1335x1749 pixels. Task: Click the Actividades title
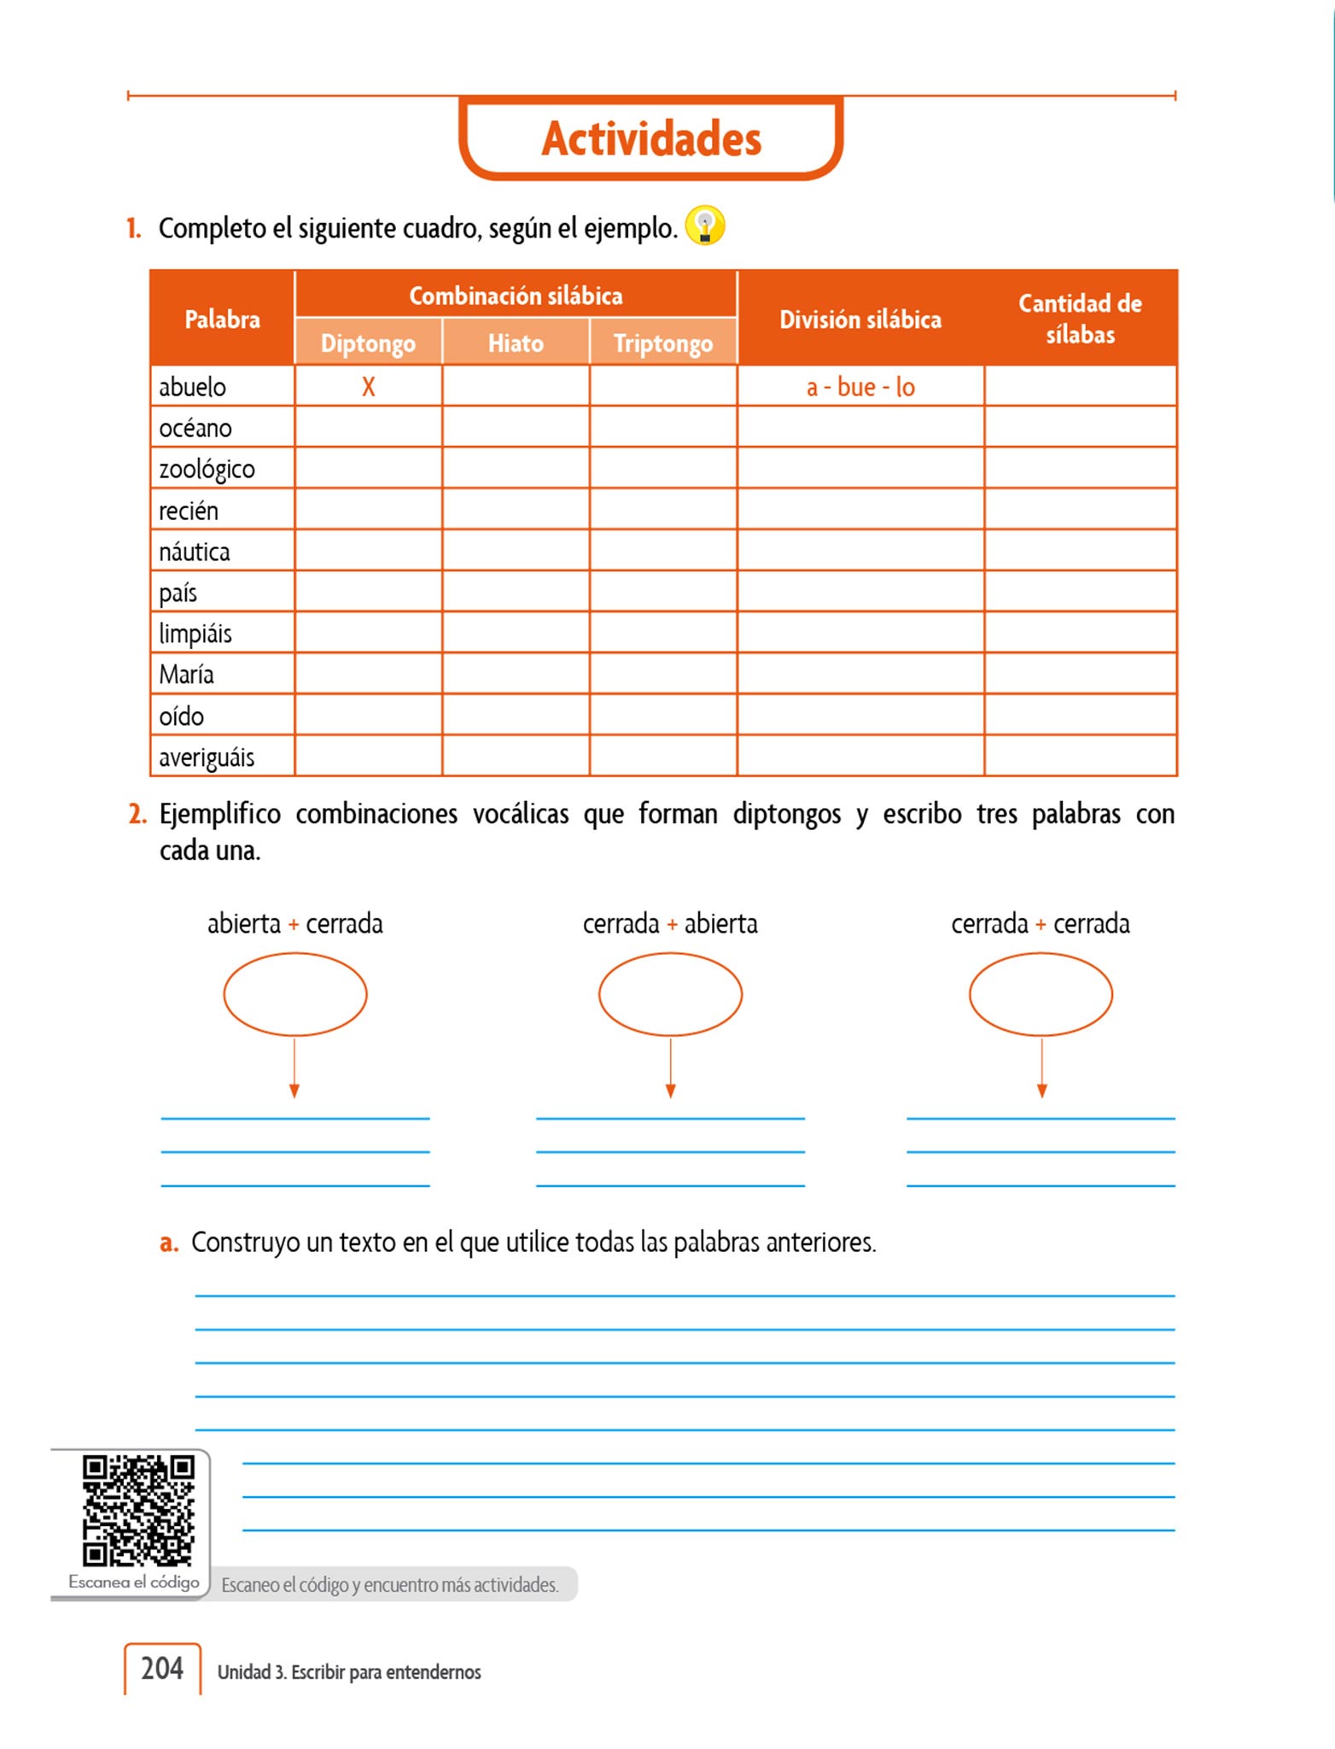click(x=651, y=138)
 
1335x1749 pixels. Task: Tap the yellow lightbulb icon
click(x=705, y=226)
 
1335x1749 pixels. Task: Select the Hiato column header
click(x=516, y=342)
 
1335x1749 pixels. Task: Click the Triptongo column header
click(x=663, y=342)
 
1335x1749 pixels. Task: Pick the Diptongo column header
click(x=368, y=342)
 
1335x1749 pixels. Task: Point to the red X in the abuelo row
click(x=368, y=387)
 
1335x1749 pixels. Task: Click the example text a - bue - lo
click(x=860, y=387)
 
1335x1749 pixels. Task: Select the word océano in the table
click(x=195, y=427)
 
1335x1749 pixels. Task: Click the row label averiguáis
click(x=207, y=758)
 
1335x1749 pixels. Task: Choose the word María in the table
click(x=186, y=675)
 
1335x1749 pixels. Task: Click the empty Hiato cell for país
click(x=516, y=592)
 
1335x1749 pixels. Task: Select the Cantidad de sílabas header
click(x=1080, y=319)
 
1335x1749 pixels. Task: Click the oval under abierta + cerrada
click(x=295, y=994)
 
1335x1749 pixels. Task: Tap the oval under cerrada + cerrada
click(x=1041, y=994)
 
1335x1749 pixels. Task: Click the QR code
click(x=138, y=1511)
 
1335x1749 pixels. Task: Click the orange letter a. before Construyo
click(x=168, y=1243)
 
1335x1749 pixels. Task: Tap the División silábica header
click(x=860, y=319)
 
